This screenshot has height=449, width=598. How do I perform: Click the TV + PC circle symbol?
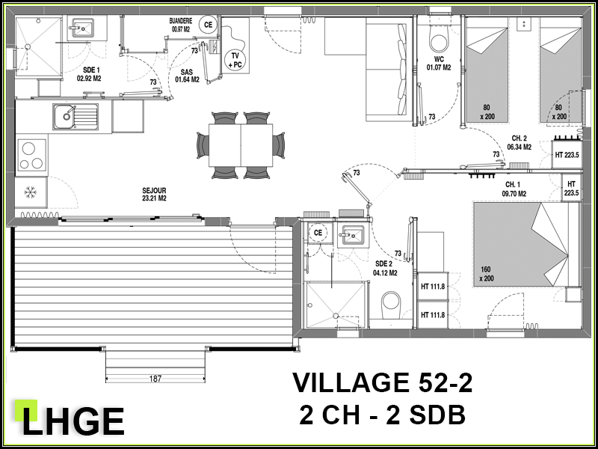point(235,61)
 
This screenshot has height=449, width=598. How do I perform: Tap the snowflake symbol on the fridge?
point(30,192)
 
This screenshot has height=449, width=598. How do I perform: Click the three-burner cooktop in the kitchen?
point(31,155)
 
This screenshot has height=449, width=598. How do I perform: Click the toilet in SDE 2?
point(391,305)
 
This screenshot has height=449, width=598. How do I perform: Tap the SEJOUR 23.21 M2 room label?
point(154,195)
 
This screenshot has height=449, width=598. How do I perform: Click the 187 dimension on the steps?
point(155,379)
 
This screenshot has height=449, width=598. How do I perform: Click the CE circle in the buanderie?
point(208,25)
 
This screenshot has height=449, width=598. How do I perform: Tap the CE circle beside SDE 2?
point(318,233)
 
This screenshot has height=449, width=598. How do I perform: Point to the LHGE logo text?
point(73,421)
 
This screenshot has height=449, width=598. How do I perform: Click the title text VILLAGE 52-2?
point(382,383)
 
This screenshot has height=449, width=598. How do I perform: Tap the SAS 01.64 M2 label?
point(187,76)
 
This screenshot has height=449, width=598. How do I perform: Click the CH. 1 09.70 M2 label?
point(514,190)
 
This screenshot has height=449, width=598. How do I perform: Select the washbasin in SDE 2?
point(353,234)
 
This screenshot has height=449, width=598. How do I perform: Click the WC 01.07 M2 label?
point(439,64)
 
